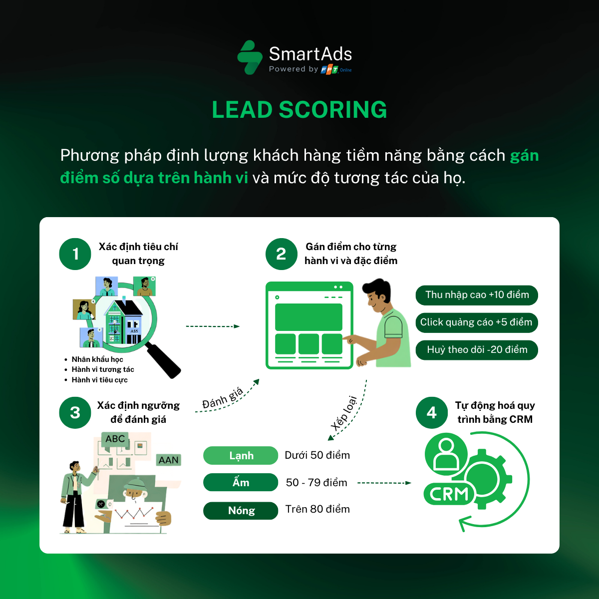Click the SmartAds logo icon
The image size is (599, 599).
click(x=250, y=57)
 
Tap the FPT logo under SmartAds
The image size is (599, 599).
click(x=329, y=70)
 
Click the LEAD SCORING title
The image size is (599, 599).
click(x=299, y=110)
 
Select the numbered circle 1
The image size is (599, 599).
click(x=75, y=254)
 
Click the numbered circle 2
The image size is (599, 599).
click(x=282, y=254)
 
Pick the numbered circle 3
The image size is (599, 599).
click(x=75, y=413)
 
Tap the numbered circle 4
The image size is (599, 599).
click(x=432, y=413)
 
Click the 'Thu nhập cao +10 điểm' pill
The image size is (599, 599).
click(x=477, y=295)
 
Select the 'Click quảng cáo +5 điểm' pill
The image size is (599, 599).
click(x=477, y=322)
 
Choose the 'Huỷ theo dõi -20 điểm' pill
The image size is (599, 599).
click(x=477, y=350)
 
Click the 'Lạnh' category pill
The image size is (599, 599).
click(x=241, y=456)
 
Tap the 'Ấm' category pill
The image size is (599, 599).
click(x=241, y=483)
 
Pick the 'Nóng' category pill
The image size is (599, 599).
click(x=241, y=511)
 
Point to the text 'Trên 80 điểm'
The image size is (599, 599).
click(x=317, y=509)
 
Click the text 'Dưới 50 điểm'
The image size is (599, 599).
click(x=317, y=455)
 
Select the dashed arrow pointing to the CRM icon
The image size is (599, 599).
click(x=384, y=483)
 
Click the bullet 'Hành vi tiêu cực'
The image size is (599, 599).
click(x=99, y=380)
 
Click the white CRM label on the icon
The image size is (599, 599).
click(x=449, y=494)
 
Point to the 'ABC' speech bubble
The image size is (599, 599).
click(x=115, y=439)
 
